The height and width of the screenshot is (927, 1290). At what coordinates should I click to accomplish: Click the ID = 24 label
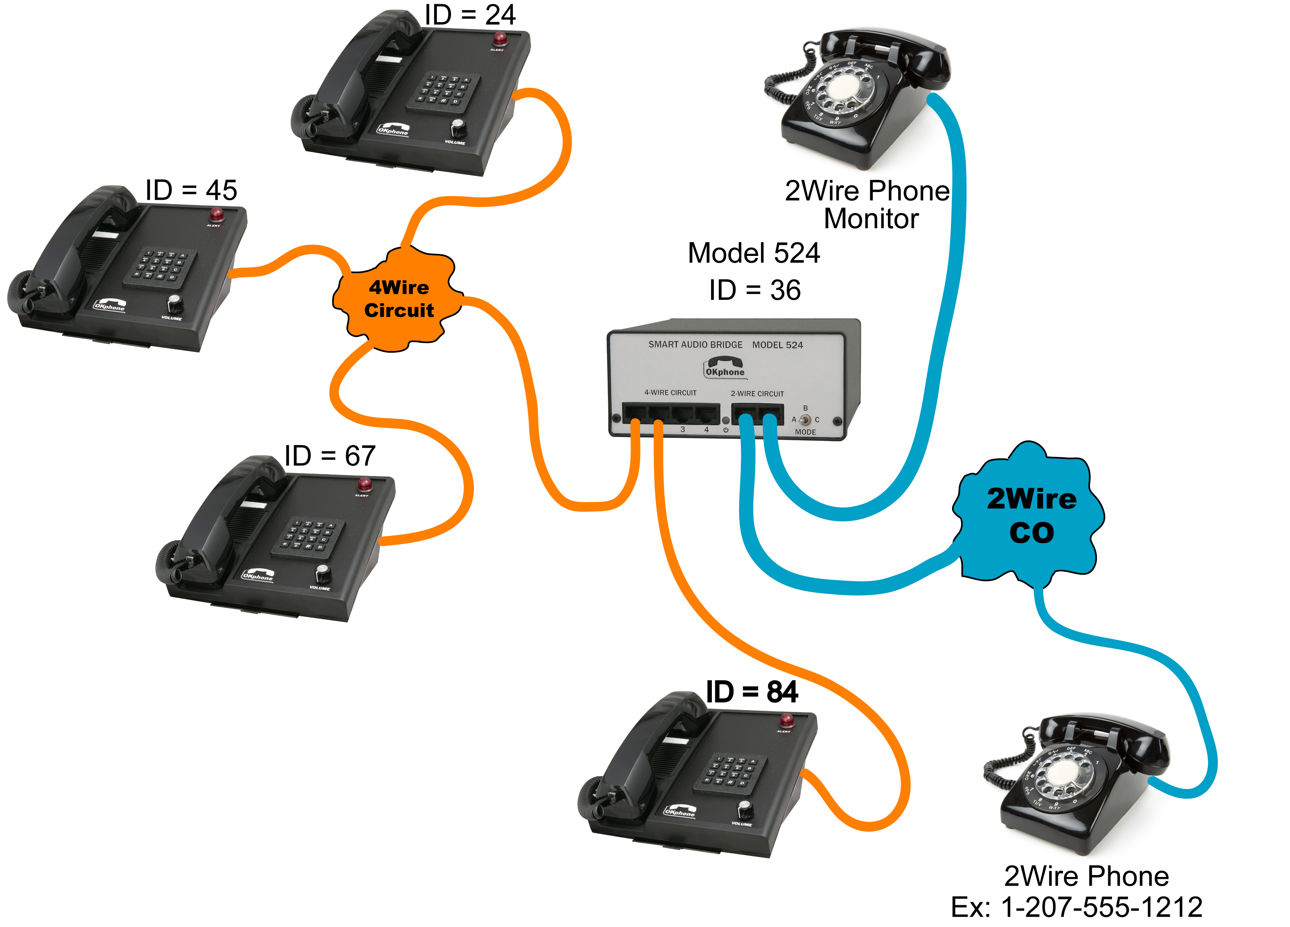point(470,15)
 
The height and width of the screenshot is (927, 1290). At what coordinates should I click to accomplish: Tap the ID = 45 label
point(191,190)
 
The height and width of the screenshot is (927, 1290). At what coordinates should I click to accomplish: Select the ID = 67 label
point(330,456)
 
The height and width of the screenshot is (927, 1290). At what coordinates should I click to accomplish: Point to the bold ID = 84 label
point(752,692)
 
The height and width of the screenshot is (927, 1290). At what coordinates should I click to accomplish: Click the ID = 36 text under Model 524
point(755,290)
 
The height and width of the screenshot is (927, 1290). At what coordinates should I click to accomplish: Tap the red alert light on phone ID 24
point(500,39)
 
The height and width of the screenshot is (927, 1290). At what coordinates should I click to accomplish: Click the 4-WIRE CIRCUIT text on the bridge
point(670,393)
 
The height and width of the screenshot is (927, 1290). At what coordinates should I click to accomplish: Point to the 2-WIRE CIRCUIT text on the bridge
point(757,394)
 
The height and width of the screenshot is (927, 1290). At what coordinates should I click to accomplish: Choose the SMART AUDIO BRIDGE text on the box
point(695,345)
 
